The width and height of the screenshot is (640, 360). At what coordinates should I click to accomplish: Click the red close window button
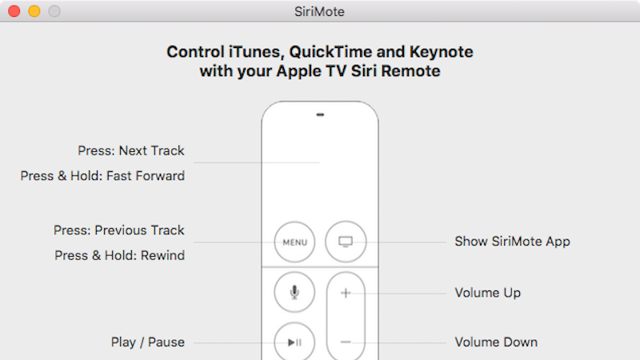pos(14,11)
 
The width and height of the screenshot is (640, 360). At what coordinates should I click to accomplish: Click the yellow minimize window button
pos(34,11)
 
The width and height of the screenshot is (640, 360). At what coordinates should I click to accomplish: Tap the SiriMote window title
pos(319,11)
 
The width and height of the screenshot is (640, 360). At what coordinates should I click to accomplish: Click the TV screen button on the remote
pos(346,242)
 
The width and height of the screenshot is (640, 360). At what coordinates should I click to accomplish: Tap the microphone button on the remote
pos(294,292)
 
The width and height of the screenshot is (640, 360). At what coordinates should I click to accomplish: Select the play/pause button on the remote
pos(294,342)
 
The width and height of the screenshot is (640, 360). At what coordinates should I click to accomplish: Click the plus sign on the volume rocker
pos(346,293)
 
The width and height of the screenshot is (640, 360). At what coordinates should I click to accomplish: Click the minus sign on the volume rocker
pos(346,342)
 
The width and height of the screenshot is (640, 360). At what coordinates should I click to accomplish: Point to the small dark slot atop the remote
pos(320,114)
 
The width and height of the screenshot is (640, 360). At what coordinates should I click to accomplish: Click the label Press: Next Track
pos(131,150)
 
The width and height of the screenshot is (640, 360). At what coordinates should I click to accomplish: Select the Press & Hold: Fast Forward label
pos(102,176)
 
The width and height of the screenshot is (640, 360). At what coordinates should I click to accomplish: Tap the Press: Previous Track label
pos(118,230)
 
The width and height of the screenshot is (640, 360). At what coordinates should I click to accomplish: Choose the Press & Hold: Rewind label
pos(119,255)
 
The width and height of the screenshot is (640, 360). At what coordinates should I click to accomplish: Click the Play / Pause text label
pos(148,342)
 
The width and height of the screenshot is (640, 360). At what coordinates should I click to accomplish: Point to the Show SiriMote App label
pos(512,242)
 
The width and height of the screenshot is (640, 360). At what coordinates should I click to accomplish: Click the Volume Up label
pos(488,293)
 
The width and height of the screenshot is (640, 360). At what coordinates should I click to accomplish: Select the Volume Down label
pos(496,342)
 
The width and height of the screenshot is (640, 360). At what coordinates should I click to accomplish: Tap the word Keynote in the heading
pos(442,52)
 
